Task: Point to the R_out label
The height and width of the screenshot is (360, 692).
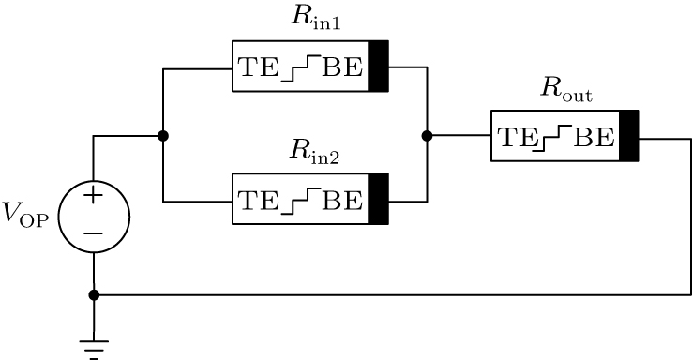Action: pyautogui.click(x=565, y=90)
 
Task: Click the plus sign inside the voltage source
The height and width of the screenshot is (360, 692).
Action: pyautogui.click(x=93, y=197)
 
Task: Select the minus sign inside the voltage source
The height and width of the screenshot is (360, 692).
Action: pyautogui.click(x=93, y=232)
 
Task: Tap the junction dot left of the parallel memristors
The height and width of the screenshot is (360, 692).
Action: pyautogui.click(x=163, y=136)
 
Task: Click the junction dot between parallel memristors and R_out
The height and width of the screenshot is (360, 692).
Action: pyautogui.click(x=427, y=136)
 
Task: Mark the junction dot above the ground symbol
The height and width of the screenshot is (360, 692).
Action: pyautogui.click(x=93, y=294)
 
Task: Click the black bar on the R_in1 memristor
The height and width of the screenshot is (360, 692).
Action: pyautogui.click(x=378, y=67)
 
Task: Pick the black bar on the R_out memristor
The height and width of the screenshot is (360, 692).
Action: pyautogui.click(x=629, y=136)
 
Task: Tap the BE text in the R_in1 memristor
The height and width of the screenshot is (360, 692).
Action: pyautogui.click(x=343, y=67)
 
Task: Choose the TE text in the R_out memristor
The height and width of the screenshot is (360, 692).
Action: pyautogui.click(x=515, y=137)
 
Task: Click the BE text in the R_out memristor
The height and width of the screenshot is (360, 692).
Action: pyautogui.click(x=594, y=137)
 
